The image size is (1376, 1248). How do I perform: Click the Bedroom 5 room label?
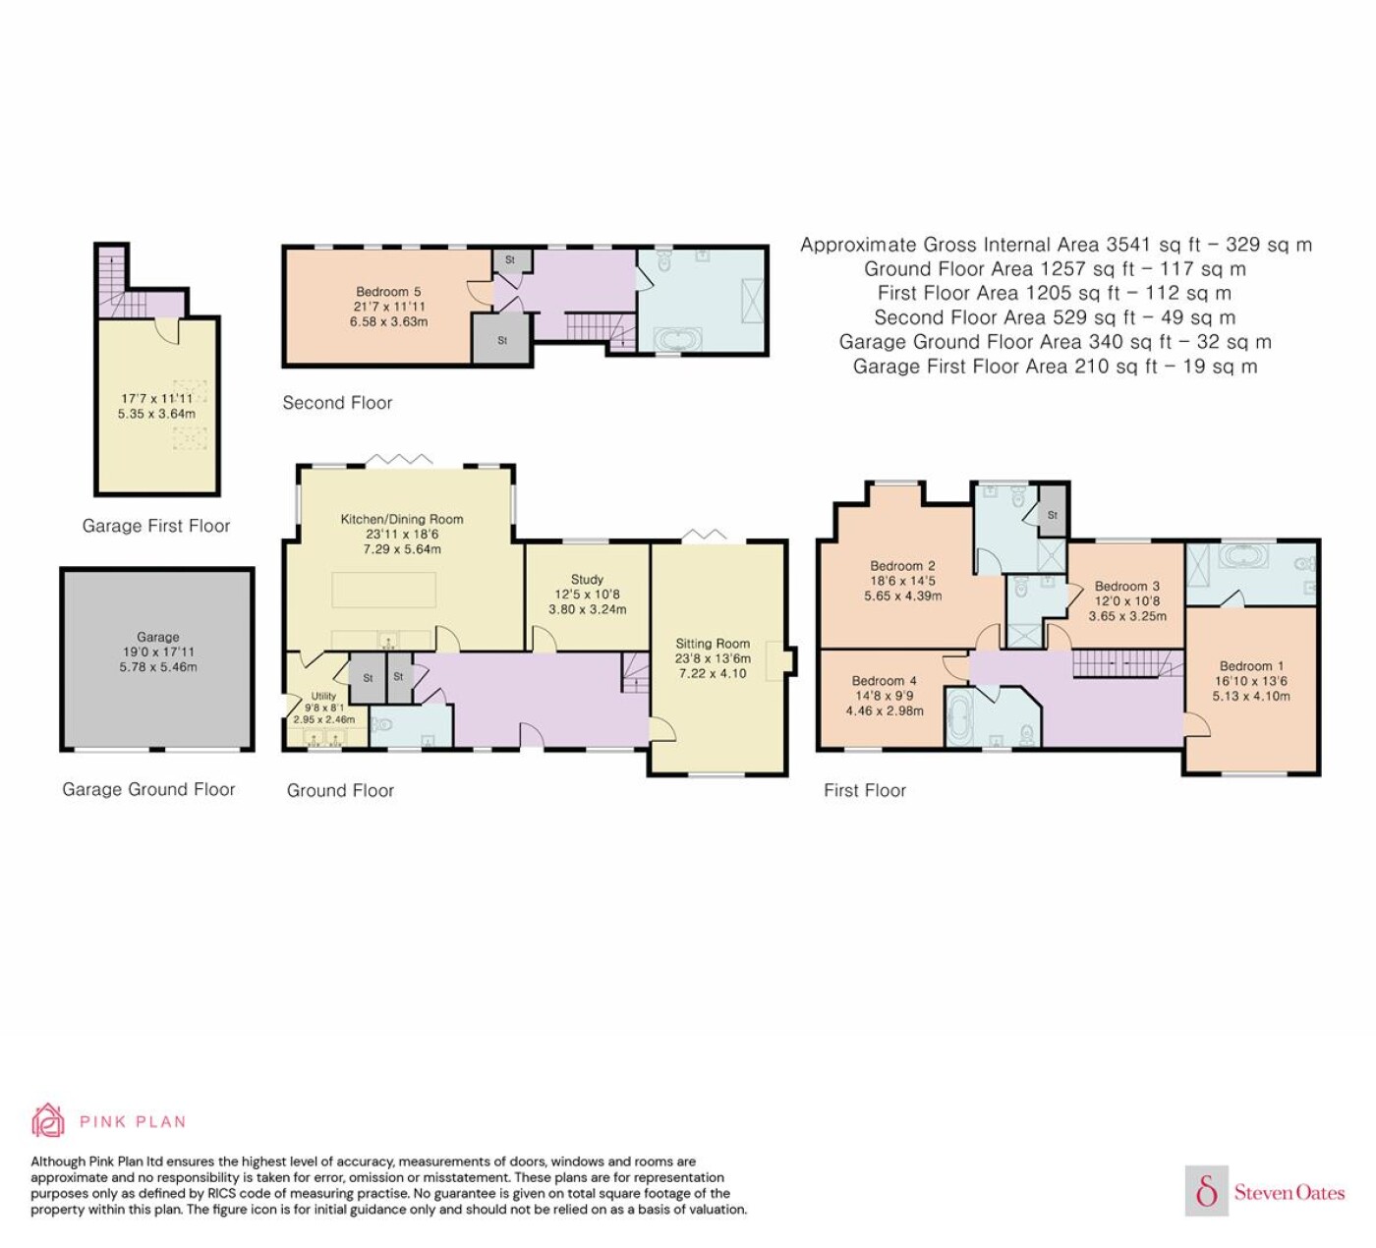[388, 292]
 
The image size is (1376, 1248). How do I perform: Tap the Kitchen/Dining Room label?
[402, 519]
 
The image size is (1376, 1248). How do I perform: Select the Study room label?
[587, 579]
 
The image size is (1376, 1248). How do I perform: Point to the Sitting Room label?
[713, 643]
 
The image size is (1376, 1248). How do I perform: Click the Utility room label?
[323, 696]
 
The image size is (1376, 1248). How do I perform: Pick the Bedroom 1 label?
[1251, 665]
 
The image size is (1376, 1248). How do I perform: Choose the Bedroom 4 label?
[885, 681]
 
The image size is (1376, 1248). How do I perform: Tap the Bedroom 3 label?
[1127, 586]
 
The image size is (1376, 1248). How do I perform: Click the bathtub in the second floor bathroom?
[678, 340]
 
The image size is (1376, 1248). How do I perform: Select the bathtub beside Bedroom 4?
[957, 716]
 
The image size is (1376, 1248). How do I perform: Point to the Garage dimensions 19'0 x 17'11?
[158, 652]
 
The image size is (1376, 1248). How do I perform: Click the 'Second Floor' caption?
[337, 403]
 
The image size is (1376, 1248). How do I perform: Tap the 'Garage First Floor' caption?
[156, 526]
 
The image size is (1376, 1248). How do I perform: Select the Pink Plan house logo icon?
[48, 1120]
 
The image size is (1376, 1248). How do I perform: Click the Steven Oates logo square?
[1207, 1190]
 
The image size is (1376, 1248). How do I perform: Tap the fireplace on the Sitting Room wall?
[780, 660]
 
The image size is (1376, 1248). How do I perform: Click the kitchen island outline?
[384, 590]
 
